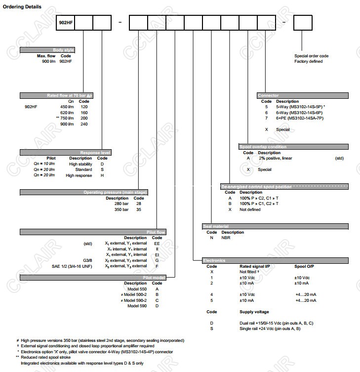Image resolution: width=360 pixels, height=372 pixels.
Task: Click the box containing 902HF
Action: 65,23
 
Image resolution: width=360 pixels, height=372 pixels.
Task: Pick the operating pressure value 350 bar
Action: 121,209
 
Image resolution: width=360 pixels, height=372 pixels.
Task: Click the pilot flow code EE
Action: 157,243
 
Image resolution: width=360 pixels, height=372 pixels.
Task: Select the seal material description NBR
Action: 226,238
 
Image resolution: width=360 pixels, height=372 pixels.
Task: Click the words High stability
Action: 80,164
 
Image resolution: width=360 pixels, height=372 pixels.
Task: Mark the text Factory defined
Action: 308,61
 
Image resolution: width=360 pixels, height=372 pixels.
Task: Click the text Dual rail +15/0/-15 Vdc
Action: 270,323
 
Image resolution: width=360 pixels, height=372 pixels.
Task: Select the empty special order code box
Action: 303,23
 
